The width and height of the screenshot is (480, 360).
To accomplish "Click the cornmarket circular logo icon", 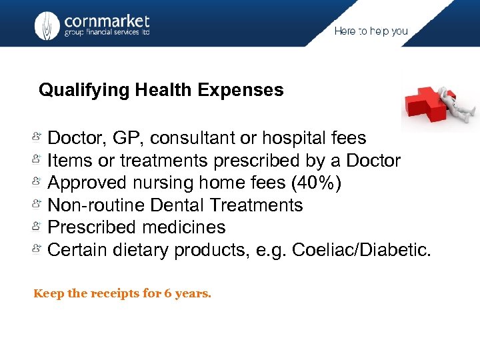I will tap(47, 25).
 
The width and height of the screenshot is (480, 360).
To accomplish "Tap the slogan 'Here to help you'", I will tap(371, 31).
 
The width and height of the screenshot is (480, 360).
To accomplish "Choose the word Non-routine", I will tap(92, 205).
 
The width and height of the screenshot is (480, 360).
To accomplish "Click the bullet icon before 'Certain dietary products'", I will tap(38, 249).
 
